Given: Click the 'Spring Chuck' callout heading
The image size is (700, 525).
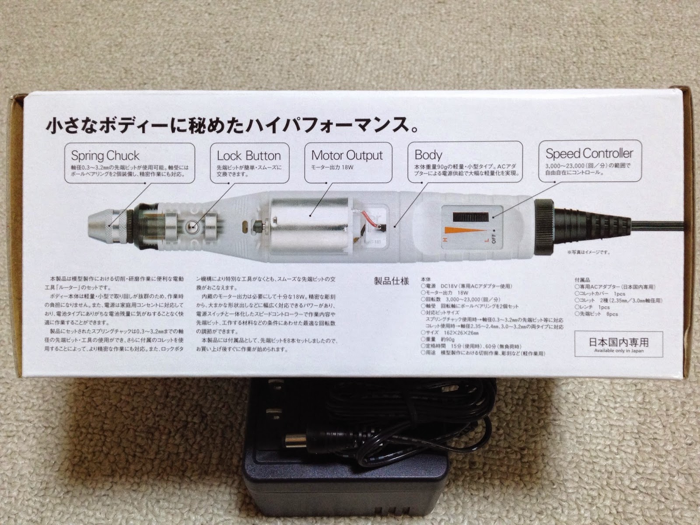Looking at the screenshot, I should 105,156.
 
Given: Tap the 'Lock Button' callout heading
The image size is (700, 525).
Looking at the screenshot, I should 248,156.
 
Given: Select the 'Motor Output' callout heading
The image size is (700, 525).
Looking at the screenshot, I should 347,155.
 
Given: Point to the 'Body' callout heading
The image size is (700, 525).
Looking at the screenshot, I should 428,155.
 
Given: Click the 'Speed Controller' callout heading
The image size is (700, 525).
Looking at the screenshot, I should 589,154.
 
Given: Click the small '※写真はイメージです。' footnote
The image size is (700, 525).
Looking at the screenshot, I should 588,252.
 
